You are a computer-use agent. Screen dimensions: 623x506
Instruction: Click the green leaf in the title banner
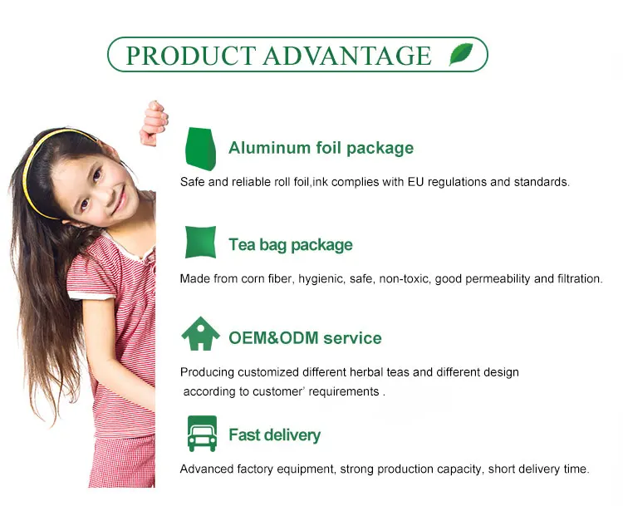click(461, 54)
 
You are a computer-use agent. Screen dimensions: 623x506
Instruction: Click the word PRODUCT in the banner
click(191, 56)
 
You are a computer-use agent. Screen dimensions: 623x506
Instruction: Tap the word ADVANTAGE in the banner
click(347, 56)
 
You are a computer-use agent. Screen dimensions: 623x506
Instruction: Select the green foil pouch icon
click(201, 149)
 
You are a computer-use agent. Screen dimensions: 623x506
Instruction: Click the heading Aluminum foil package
click(321, 148)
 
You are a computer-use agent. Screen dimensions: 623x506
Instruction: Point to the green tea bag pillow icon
click(201, 242)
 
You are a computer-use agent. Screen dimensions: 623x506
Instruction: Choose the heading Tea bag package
click(291, 245)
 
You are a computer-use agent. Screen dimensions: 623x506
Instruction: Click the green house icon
click(201, 333)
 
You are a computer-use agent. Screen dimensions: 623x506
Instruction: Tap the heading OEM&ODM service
click(305, 338)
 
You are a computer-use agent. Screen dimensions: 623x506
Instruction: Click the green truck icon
click(202, 434)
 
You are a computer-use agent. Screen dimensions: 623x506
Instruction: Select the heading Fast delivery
click(275, 435)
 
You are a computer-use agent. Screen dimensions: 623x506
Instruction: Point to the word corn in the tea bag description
click(253, 278)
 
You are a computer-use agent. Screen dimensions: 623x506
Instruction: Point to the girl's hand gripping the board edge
click(155, 123)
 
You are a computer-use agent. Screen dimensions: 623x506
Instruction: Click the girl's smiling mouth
click(120, 202)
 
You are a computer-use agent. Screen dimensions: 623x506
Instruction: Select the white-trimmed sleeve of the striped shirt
click(91, 278)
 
